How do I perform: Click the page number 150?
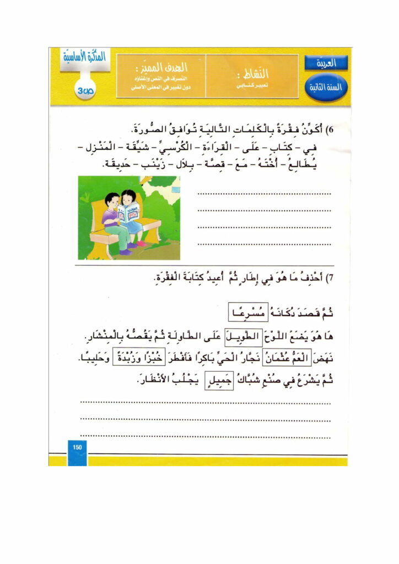click(77, 447)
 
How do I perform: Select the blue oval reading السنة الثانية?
click(325, 86)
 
